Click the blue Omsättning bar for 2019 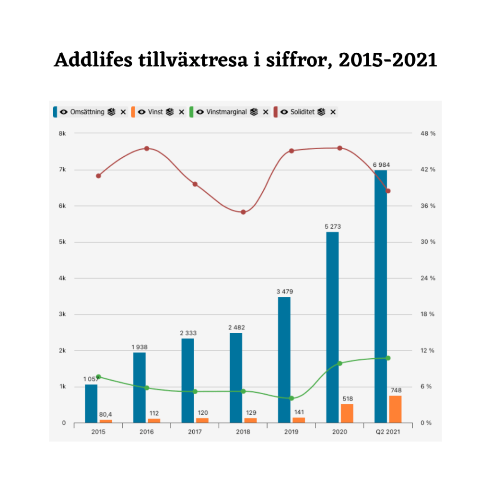pyautogui.click(x=284, y=360)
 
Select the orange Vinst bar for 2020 pyautogui.click(x=347, y=413)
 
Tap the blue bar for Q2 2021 pyautogui.click(x=381, y=296)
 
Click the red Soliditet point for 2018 pyautogui.click(x=243, y=212)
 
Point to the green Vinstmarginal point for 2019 pyautogui.click(x=292, y=398)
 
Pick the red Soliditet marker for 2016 pyautogui.click(x=147, y=149)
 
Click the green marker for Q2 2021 pyautogui.click(x=388, y=358)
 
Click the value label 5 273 pyautogui.click(x=333, y=226)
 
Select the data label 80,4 pyautogui.click(x=105, y=414)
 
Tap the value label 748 pyautogui.click(x=396, y=390)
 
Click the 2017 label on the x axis pyautogui.click(x=195, y=432)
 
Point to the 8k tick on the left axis pyautogui.click(x=62, y=133)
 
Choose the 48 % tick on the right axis pyautogui.click(x=428, y=133)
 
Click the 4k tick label pyautogui.click(x=62, y=278)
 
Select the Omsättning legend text pyautogui.click(x=87, y=112)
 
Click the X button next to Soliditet pyautogui.click(x=333, y=112)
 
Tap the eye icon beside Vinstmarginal pyautogui.click(x=200, y=112)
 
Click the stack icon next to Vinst pyautogui.click(x=170, y=112)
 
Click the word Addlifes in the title pyautogui.click(x=94, y=59)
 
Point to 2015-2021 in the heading pyautogui.click(x=388, y=59)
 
